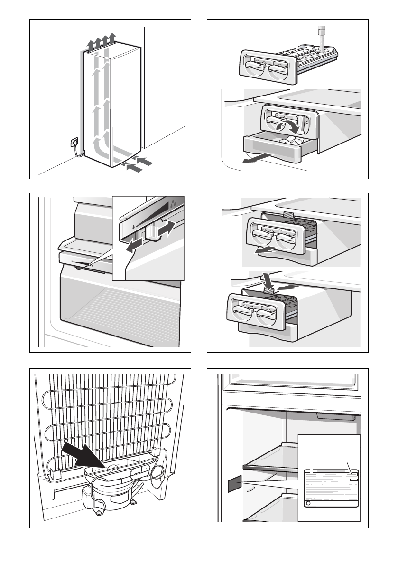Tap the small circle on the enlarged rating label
308,503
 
